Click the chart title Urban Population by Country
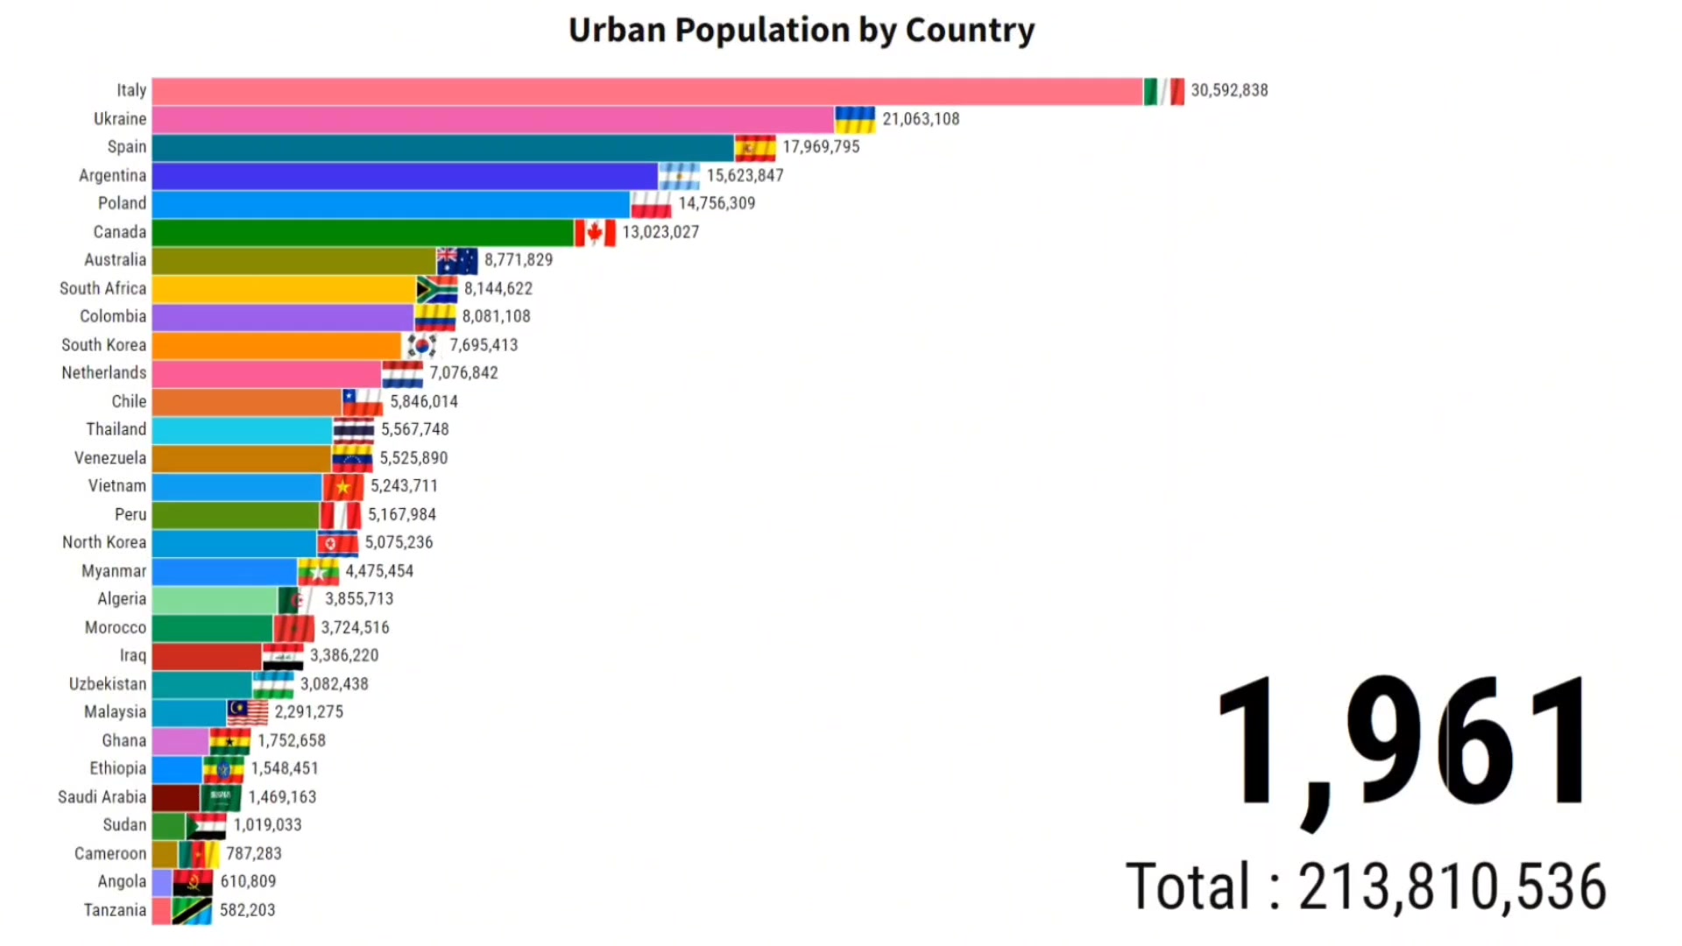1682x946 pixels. (802, 31)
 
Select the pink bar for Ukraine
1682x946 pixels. (493, 119)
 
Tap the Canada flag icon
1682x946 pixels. (596, 232)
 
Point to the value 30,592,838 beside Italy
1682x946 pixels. (1229, 90)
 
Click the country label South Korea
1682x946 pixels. (103, 345)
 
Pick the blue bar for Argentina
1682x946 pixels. (405, 176)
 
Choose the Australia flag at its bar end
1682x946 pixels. (457, 261)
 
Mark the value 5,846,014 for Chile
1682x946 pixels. (424, 401)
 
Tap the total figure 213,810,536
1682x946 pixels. (1452, 886)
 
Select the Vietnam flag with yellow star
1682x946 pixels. (343, 487)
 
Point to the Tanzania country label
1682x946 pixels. (115, 910)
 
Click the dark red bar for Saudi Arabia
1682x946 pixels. (176, 798)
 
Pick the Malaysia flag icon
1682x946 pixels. (248, 713)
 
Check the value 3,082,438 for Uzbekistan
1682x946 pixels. (335, 684)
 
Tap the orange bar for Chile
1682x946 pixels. (247, 402)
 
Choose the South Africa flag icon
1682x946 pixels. (437, 289)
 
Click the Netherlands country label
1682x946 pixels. (104, 373)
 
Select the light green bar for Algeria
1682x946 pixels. (216, 600)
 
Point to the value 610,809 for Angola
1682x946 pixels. (248, 881)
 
